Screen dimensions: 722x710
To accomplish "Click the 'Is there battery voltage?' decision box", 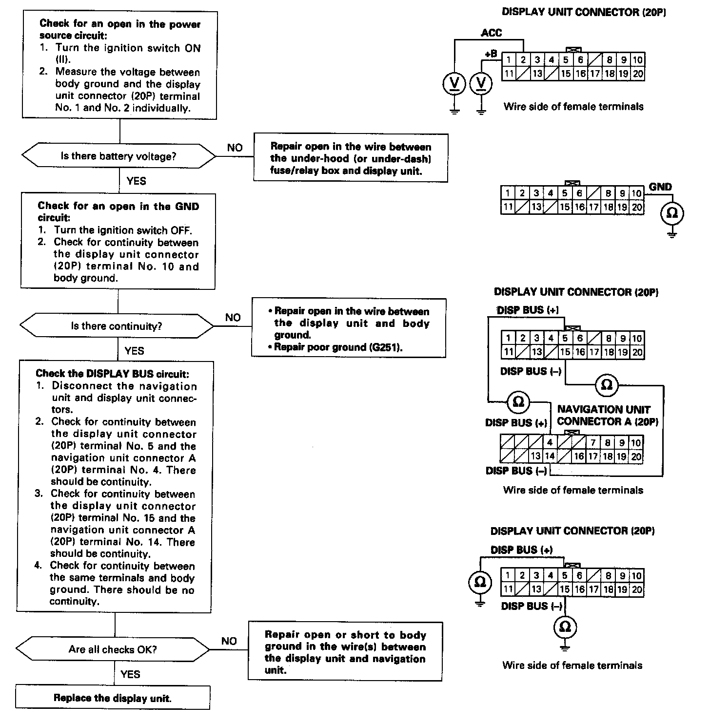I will point(118,156).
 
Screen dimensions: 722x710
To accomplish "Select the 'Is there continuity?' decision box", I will point(117,326).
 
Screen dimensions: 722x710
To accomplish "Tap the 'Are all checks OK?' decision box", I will point(113,649).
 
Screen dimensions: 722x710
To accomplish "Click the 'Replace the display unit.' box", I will point(113,698).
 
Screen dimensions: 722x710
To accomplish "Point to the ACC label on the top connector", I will point(491,33).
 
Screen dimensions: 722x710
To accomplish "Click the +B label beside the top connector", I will point(491,54).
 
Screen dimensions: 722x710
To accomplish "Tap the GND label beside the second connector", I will point(660,187).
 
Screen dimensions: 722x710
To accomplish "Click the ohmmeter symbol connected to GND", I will point(672,213).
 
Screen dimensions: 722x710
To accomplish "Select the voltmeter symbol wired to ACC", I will point(454,84).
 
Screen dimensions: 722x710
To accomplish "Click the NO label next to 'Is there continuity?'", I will point(233,318).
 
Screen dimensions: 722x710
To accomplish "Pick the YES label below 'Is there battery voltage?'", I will point(136,181).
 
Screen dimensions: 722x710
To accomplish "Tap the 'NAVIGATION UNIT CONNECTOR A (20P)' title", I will point(608,416).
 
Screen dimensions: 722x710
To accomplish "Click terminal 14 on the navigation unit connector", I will point(550,456).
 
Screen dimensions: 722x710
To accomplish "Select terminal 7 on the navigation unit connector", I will point(593,443).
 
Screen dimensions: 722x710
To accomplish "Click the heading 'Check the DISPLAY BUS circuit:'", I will point(112,374).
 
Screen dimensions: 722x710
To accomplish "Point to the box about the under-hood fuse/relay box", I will point(351,158).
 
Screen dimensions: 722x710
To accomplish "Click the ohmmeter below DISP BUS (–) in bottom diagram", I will point(565,627).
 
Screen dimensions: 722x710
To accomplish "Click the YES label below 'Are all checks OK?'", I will point(130,674).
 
